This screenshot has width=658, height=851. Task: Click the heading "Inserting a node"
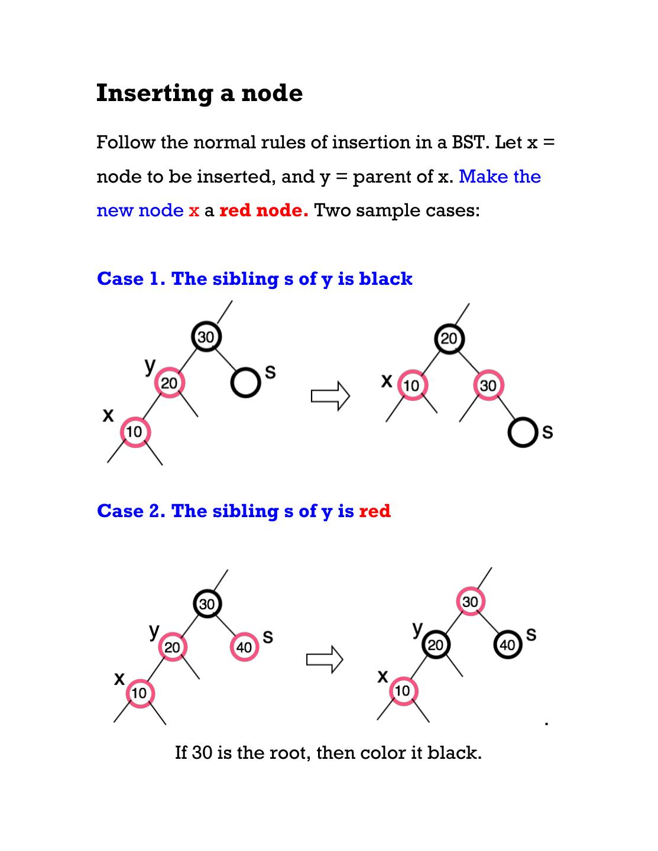(199, 93)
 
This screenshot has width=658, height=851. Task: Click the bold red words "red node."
(264, 210)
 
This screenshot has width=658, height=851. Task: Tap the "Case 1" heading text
(130, 279)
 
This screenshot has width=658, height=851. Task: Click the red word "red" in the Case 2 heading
(375, 511)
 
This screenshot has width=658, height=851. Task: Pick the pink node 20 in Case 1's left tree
(169, 384)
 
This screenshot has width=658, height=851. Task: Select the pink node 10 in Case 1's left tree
(135, 432)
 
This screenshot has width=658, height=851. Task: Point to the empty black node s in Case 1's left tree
(244, 382)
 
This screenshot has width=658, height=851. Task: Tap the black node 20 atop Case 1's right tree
(449, 339)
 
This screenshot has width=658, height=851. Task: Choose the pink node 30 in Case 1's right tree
(488, 386)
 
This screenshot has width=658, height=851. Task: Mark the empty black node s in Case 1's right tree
(523, 433)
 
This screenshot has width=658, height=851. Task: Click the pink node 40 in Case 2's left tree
(244, 647)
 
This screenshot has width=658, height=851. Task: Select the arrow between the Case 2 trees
(325, 659)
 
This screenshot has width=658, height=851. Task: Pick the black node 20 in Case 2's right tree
(435, 645)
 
